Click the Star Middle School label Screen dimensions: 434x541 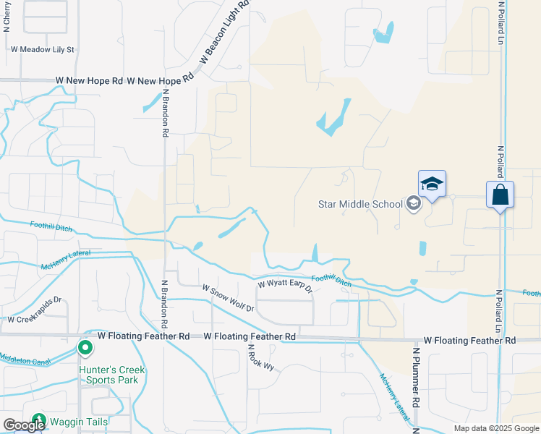360,204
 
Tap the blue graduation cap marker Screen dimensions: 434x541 432,184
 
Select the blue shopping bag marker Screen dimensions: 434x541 500,195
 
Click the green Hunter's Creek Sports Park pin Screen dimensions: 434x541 85,349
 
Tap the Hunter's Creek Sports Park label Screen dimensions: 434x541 112,375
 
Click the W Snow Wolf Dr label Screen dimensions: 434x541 229,298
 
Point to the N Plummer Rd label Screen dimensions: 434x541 417,384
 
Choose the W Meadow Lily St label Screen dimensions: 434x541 43,50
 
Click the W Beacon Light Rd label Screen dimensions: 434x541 224,33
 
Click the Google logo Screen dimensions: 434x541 24,425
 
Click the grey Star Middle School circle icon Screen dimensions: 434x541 413,203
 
